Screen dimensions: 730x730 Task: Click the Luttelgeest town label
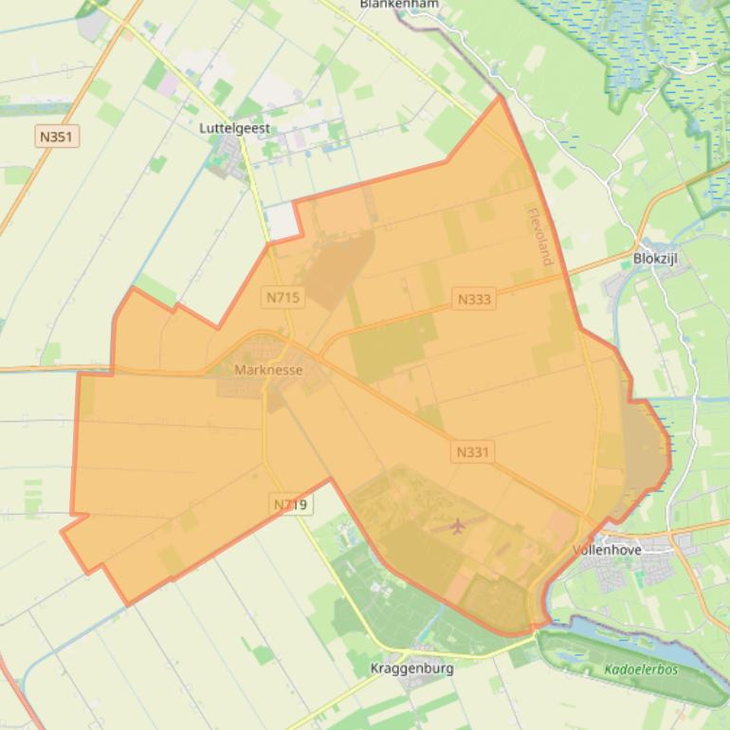[235, 127]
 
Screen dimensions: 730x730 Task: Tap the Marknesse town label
[268, 370]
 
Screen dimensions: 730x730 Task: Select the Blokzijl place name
[655, 258]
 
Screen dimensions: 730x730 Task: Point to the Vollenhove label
[607, 549]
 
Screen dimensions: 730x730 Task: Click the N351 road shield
[56, 137]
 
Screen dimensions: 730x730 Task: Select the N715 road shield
[283, 298]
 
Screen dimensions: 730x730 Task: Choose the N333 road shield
[474, 300]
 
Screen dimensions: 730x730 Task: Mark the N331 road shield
[472, 452]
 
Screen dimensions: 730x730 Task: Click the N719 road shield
[290, 504]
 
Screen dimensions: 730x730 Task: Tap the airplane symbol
[459, 524]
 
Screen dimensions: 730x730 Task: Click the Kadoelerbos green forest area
[626, 654]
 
